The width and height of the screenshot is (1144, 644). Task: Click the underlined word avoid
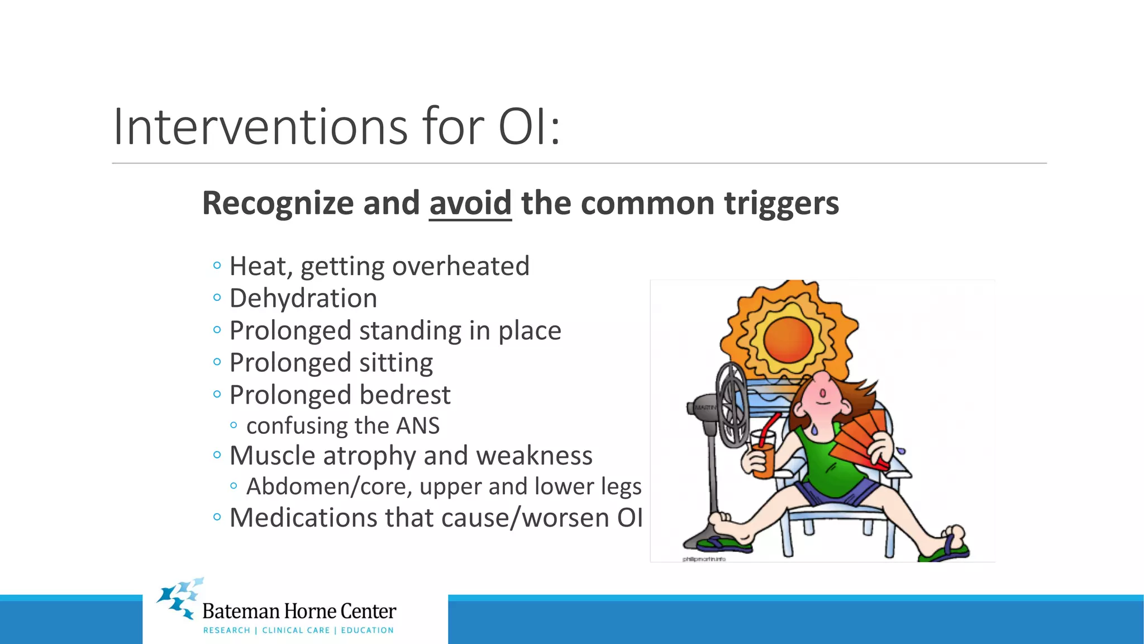click(470, 203)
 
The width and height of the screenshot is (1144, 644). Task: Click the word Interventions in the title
click(260, 127)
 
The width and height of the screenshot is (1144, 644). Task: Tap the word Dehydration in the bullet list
click(303, 299)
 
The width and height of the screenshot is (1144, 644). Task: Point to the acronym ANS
click(418, 426)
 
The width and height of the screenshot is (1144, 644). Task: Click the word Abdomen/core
click(329, 486)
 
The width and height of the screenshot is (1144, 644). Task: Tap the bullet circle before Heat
click(217, 266)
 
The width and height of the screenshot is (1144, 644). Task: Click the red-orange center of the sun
click(788, 339)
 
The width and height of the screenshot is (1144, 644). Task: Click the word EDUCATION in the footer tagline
click(367, 631)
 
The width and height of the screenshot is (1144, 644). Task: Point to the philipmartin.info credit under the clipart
click(703, 559)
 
